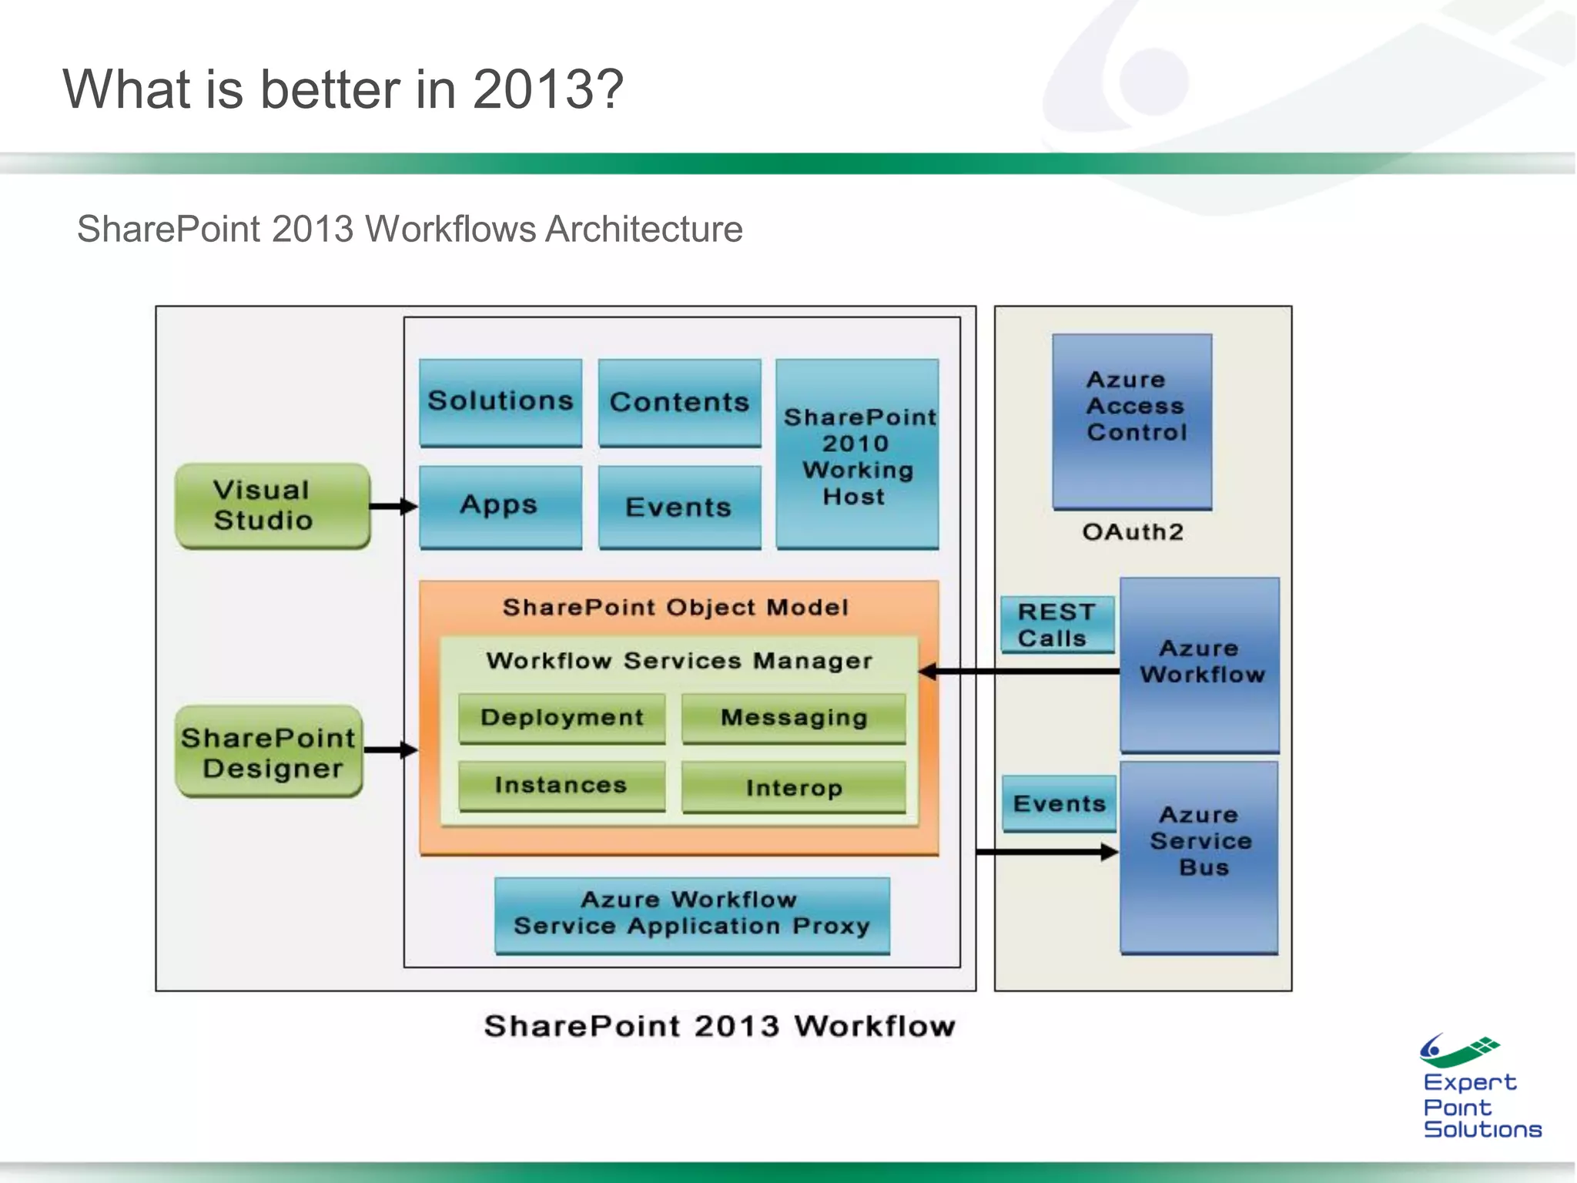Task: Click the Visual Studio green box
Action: point(273,506)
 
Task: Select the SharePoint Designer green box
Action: point(269,752)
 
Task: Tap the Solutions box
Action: point(501,402)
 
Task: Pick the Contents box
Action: point(679,403)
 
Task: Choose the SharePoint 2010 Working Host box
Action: point(857,454)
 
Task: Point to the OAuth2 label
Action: point(1132,532)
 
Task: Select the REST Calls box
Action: point(1057,625)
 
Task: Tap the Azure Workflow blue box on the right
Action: point(1200,664)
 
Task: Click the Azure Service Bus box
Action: point(1200,856)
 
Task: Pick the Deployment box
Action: point(561,718)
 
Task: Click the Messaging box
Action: point(793,718)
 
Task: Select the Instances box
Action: point(561,786)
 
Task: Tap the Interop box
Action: point(793,787)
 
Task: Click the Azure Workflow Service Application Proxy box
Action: point(691,914)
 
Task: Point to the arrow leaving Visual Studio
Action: point(393,506)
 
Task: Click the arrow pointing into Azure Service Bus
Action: point(1047,852)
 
